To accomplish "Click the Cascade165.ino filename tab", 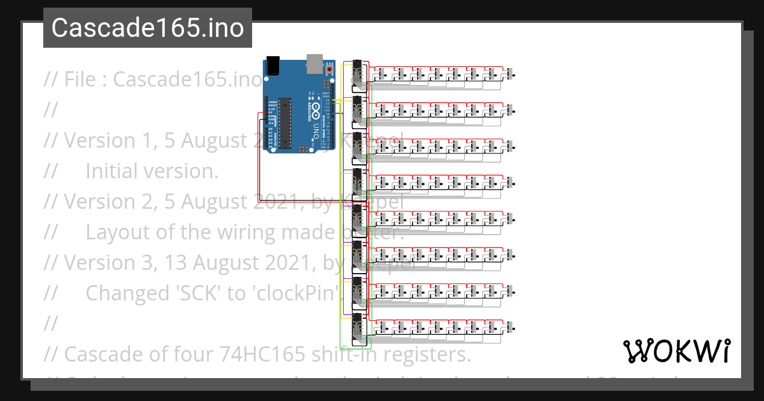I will tap(147, 28).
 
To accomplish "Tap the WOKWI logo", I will tap(676, 351).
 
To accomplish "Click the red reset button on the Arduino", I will tap(330, 68).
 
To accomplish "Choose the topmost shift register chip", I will tap(357, 73).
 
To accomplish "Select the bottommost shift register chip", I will tap(357, 326).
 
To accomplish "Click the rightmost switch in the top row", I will tap(511, 74).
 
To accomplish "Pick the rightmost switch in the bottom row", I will tap(511, 327).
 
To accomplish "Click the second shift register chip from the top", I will tap(357, 109).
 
